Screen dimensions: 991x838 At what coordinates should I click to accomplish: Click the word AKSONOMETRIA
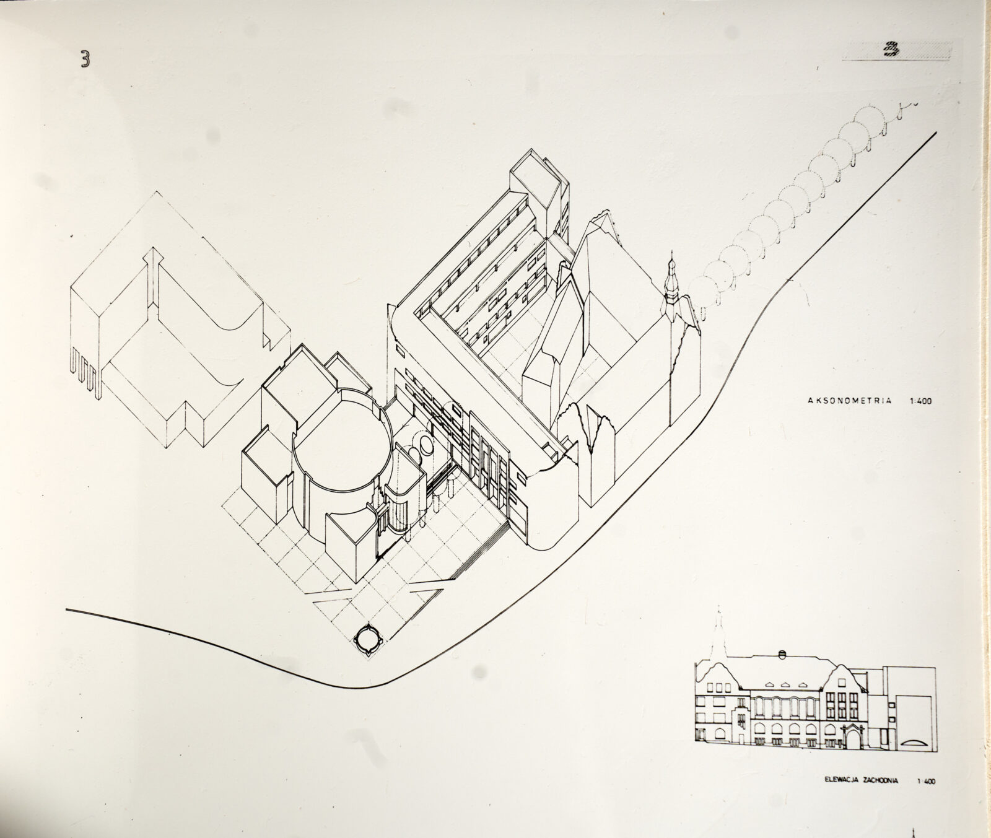[850, 401]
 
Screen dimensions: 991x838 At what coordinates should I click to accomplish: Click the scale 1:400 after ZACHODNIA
[926, 782]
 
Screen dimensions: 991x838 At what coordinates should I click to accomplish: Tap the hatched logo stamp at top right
[897, 50]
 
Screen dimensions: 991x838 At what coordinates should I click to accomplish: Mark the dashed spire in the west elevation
[718, 638]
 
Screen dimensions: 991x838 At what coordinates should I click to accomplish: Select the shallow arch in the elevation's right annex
[913, 743]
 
